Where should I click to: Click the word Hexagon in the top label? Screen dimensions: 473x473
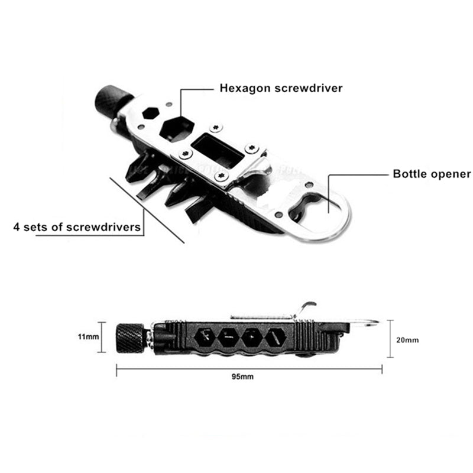[x=245, y=88]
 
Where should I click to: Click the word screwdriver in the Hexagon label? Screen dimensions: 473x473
[x=308, y=88]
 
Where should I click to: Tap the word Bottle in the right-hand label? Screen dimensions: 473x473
[x=410, y=174]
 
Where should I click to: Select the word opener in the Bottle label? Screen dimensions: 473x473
[x=451, y=174]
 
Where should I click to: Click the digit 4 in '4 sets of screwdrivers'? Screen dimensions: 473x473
[x=17, y=227]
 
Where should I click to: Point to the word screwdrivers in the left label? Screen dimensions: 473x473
[x=103, y=227]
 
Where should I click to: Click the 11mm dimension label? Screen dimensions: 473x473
[x=88, y=336]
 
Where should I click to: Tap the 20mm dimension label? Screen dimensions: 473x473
[x=407, y=340]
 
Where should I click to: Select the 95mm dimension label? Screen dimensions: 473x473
[x=242, y=377]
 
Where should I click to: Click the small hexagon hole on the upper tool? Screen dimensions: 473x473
[x=151, y=114]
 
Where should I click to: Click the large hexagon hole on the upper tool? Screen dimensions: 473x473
[x=176, y=129]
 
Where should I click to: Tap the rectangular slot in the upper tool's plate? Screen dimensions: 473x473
[x=218, y=151]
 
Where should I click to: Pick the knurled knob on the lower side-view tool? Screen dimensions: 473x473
[x=130, y=338]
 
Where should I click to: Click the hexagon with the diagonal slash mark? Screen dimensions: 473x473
[x=276, y=338]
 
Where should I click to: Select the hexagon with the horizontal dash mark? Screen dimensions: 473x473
[x=228, y=338]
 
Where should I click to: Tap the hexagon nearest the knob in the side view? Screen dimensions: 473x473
[x=205, y=338]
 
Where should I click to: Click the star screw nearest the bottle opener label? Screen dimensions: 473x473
[x=252, y=148]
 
